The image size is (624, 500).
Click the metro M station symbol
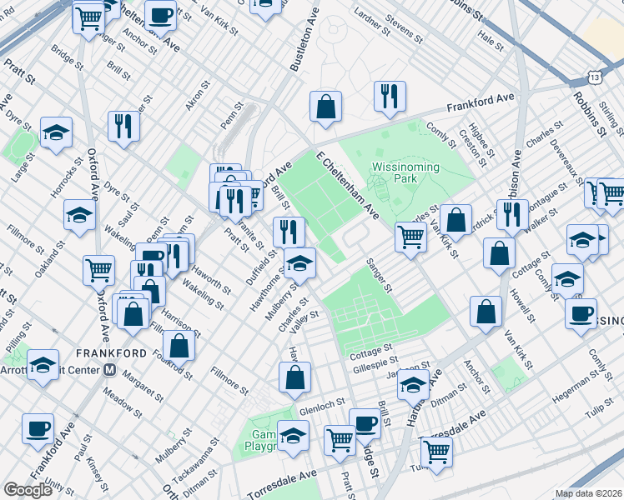click(x=108, y=371)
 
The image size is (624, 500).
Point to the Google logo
click(x=28, y=490)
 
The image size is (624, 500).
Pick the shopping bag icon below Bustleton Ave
click(x=325, y=107)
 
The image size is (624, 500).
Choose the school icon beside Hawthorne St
click(x=299, y=262)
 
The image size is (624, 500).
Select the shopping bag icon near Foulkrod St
click(x=179, y=345)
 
